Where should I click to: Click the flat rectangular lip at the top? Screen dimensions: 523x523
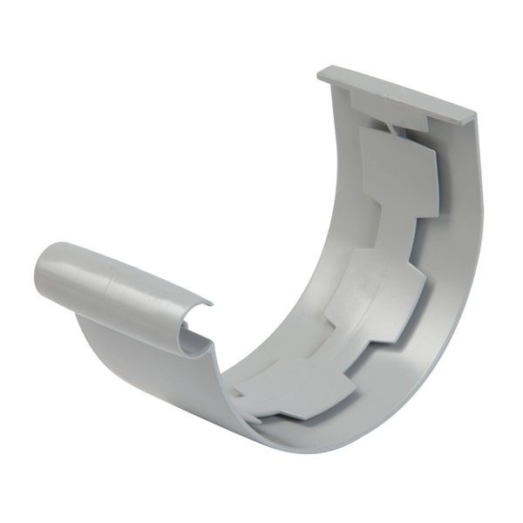tap(397, 92)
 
